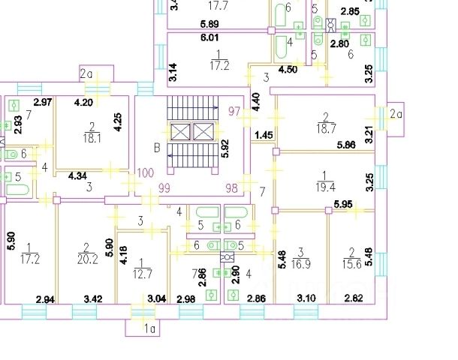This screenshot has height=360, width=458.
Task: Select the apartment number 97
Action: (x=235, y=111)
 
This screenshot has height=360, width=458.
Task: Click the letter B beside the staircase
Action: (x=157, y=148)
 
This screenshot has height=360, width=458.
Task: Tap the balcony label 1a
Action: (x=149, y=328)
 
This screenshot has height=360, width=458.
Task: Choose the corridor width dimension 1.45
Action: (x=264, y=135)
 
